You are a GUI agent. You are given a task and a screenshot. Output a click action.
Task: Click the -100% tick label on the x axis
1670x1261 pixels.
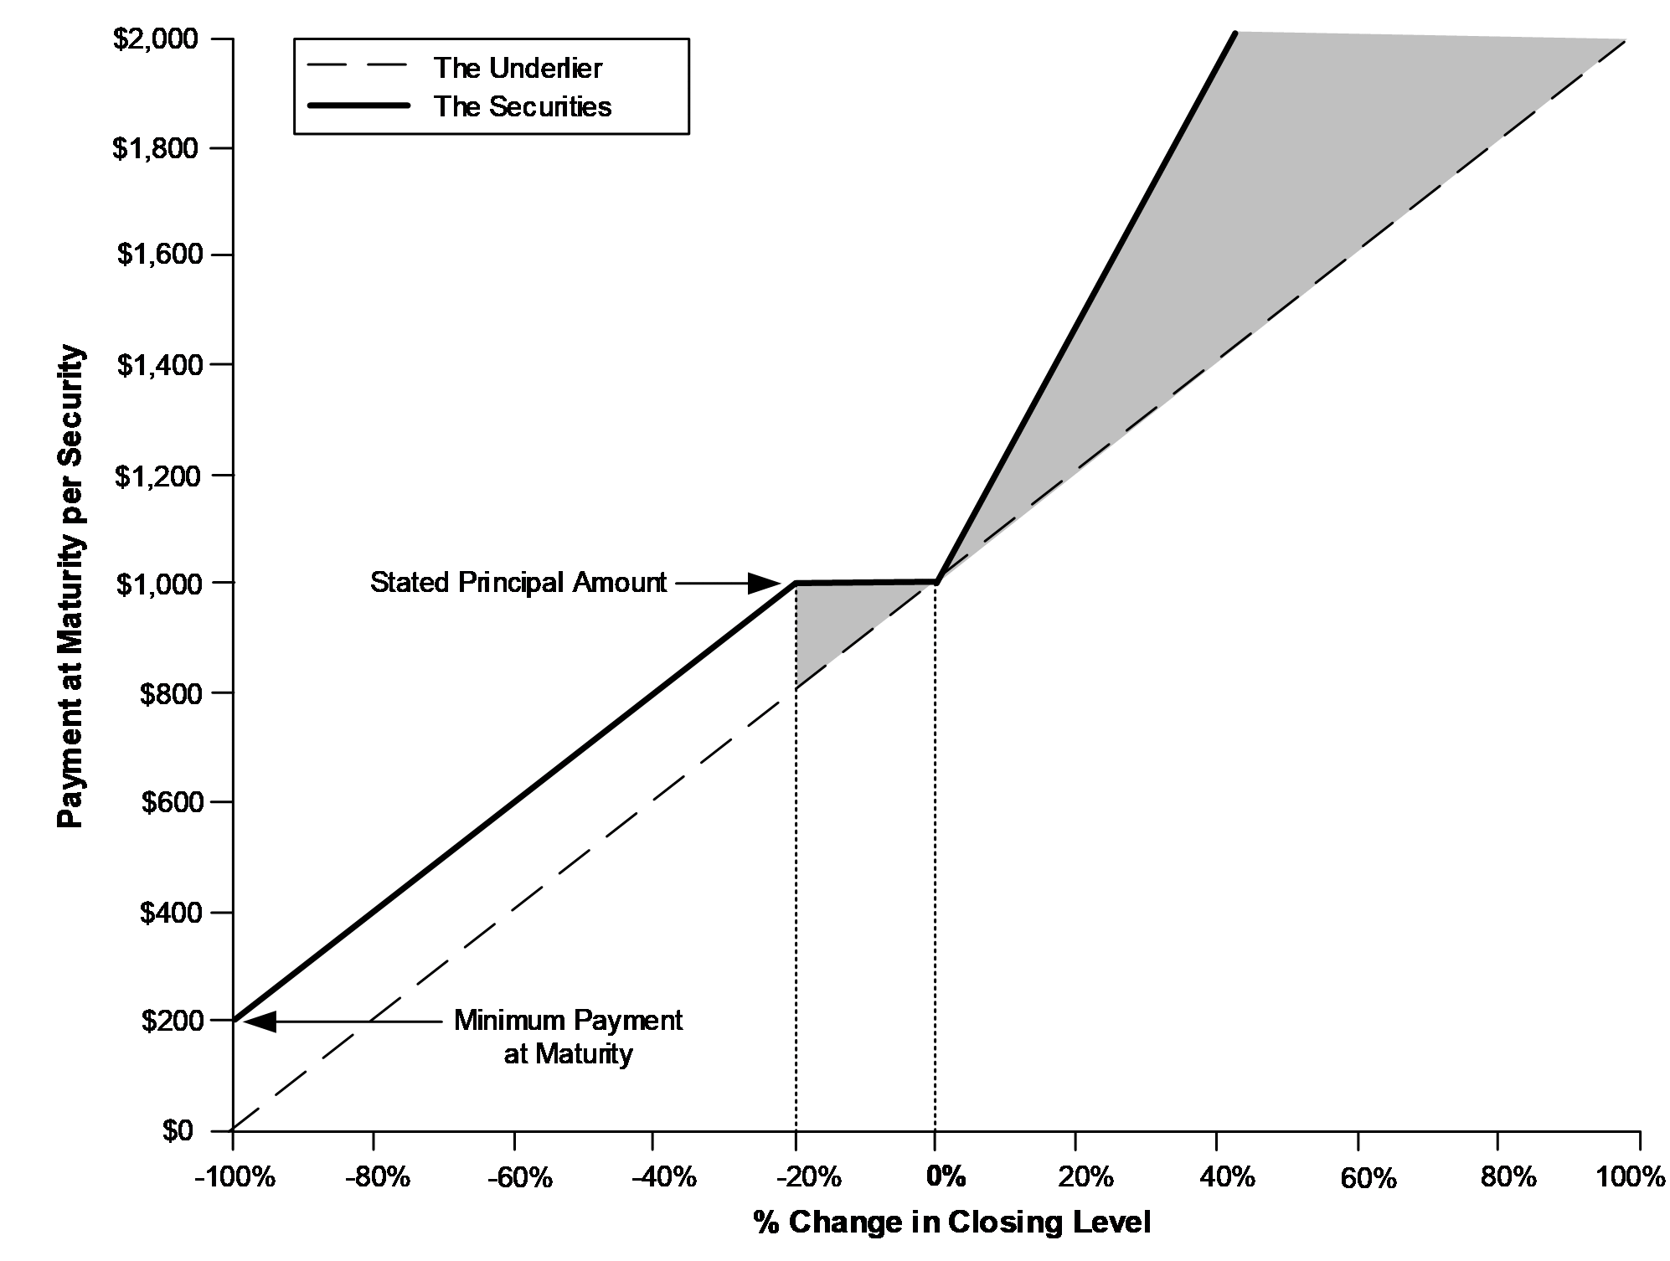pos(235,1177)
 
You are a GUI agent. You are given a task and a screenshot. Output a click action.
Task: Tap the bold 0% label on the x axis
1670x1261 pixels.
pos(946,1176)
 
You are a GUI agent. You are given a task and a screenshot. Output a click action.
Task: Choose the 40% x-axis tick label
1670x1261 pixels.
pos(1227,1177)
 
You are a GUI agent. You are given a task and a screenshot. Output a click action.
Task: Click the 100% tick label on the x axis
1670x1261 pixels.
pos(1631,1177)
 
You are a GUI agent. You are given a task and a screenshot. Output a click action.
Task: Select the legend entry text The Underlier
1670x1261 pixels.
pos(518,68)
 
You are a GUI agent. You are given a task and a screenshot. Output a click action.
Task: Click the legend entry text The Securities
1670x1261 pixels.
pos(523,106)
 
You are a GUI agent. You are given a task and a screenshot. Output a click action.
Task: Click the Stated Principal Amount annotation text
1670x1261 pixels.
pos(518,582)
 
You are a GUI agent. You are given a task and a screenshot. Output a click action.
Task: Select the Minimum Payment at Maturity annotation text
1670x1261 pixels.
pos(569,1037)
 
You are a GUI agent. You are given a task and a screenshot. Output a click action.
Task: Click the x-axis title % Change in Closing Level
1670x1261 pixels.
pos(952,1222)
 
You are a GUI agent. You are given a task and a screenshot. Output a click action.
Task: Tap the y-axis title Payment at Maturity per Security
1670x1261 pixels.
pos(71,586)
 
